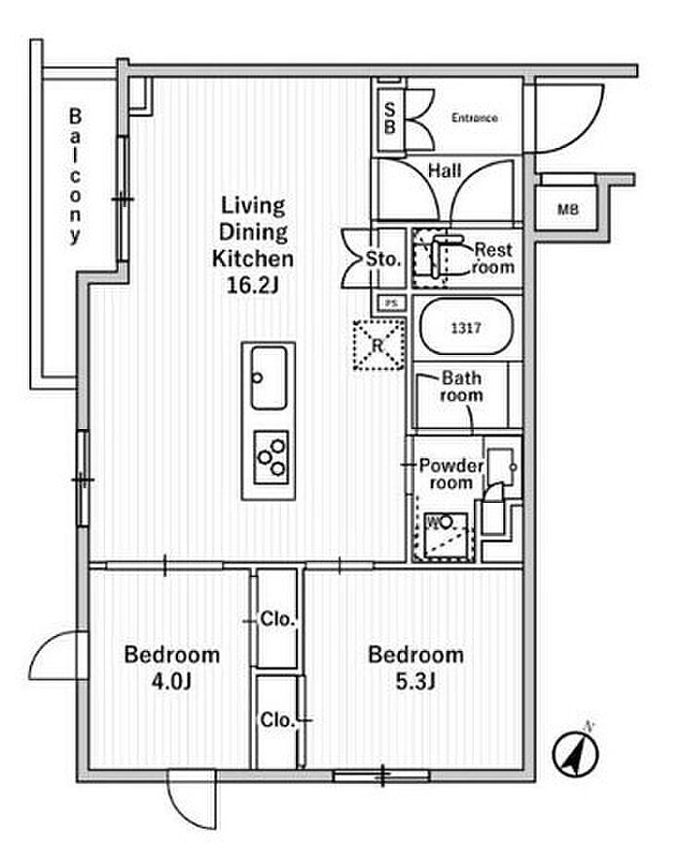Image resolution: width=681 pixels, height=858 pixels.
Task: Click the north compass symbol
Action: point(575,754)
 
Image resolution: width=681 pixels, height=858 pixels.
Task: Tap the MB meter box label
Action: point(568,209)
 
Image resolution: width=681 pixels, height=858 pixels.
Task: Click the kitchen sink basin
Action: point(269,377)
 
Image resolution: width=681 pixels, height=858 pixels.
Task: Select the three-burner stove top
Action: point(271,457)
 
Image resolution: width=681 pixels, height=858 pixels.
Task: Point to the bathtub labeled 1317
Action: point(466,327)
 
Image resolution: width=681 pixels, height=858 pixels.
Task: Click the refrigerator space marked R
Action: point(378,345)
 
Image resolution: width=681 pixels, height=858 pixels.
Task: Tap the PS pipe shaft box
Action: point(392,303)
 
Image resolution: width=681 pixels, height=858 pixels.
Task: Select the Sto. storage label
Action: point(383,259)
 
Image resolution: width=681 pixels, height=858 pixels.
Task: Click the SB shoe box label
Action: point(389,119)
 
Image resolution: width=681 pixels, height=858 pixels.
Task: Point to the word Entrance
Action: point(475,118)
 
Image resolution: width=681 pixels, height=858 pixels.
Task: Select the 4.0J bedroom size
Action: point(171,681)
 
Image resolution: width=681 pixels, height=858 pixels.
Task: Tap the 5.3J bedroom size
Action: point(415,681)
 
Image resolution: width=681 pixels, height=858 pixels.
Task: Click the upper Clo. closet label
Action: point(277,620)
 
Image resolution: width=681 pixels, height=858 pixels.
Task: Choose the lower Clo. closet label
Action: point(277,720)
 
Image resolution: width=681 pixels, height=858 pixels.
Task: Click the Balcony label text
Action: point(75,176)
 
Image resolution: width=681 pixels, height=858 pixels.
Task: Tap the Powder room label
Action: point(451,474)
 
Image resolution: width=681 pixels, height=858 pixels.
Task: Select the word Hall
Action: point(445,171)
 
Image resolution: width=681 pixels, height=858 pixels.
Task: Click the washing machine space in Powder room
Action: point(443,536)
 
